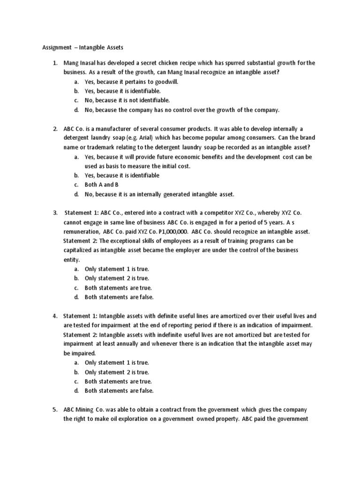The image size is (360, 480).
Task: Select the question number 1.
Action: [x=54, y=63]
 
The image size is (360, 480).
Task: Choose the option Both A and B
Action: [x=101, y=185]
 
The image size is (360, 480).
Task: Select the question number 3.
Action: [x=54, y=213]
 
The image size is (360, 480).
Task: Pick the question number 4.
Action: [x=54, y=316]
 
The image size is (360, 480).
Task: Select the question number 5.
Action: [x=54, y=410]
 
